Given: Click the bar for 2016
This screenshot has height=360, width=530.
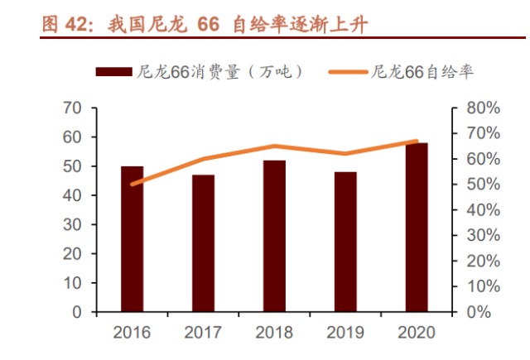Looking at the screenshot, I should point(132,239).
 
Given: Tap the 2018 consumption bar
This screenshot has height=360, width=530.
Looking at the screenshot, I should point(275,236).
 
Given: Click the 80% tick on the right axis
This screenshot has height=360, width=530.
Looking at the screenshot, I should point(482,108).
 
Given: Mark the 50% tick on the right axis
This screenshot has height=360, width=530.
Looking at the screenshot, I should point(482,185).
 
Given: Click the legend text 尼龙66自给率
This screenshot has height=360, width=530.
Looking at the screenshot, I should point(422,72).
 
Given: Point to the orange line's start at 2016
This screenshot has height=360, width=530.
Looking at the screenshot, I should point(132,184).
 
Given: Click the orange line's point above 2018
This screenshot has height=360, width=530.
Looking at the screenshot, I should point(275,146).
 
